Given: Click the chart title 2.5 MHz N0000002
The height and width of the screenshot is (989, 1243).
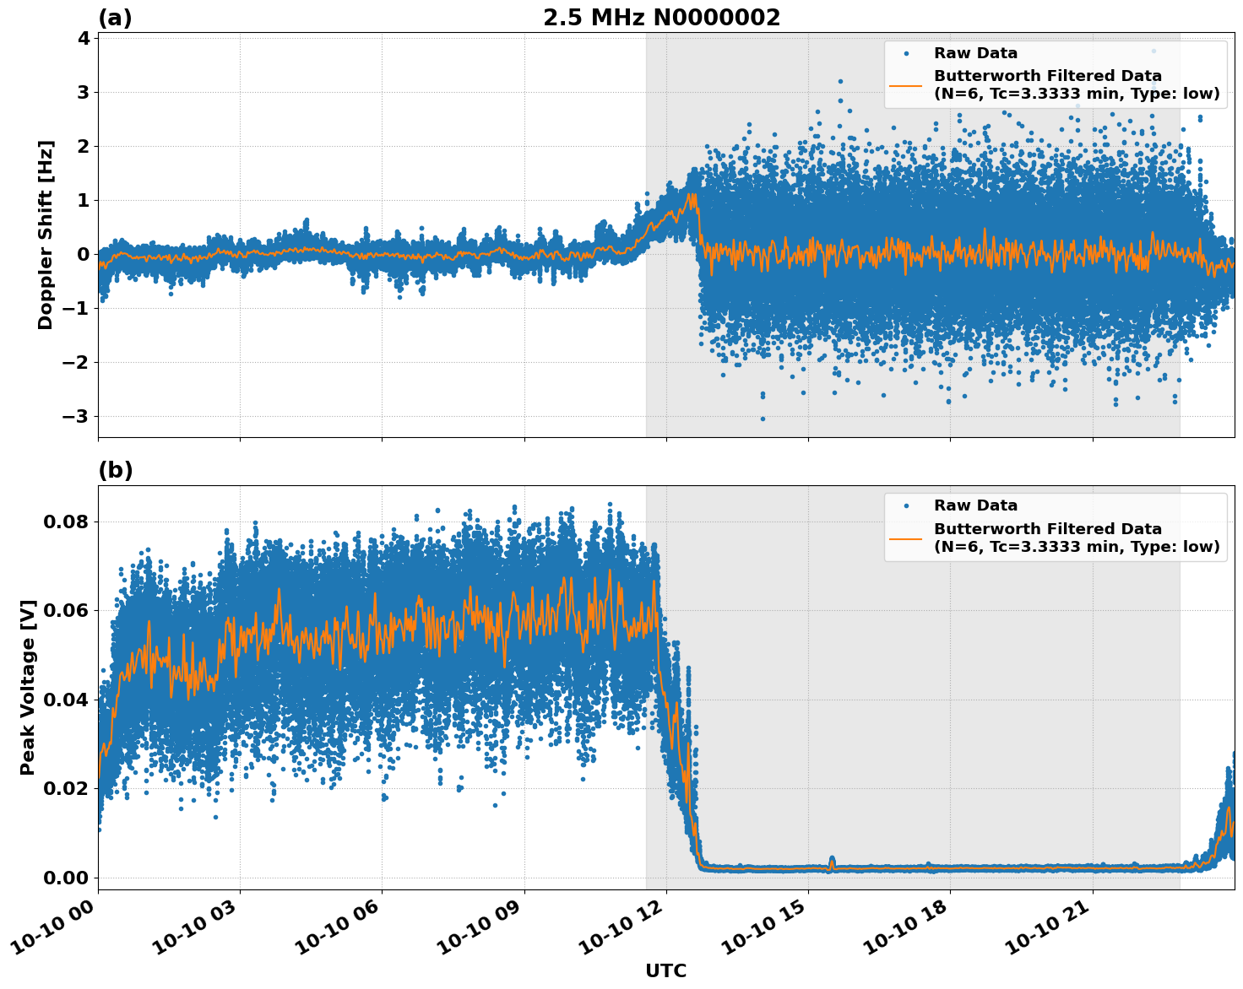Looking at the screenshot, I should click(661, 18).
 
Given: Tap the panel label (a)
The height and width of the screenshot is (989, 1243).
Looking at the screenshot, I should click(115, 18).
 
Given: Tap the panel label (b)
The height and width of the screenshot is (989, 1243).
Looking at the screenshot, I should click(115, 470).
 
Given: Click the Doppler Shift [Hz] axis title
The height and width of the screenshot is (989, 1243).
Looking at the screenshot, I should click(46, 235).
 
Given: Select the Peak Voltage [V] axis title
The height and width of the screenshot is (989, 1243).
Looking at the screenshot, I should click(28, 687).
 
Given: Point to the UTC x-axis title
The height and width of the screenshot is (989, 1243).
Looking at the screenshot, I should click(665, 970).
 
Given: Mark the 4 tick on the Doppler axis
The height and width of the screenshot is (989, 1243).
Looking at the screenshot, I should click(83, 38).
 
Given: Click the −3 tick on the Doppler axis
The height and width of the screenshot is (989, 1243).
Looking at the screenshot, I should click(77, 416).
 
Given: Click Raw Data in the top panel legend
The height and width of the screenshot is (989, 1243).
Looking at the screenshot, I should click(975, 53).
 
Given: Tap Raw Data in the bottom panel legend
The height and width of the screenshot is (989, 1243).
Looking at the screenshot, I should click(975, 505).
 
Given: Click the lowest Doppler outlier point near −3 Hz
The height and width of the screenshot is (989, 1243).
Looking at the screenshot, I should click(763, 419).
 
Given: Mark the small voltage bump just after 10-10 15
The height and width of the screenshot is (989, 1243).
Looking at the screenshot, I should click(832, 862).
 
